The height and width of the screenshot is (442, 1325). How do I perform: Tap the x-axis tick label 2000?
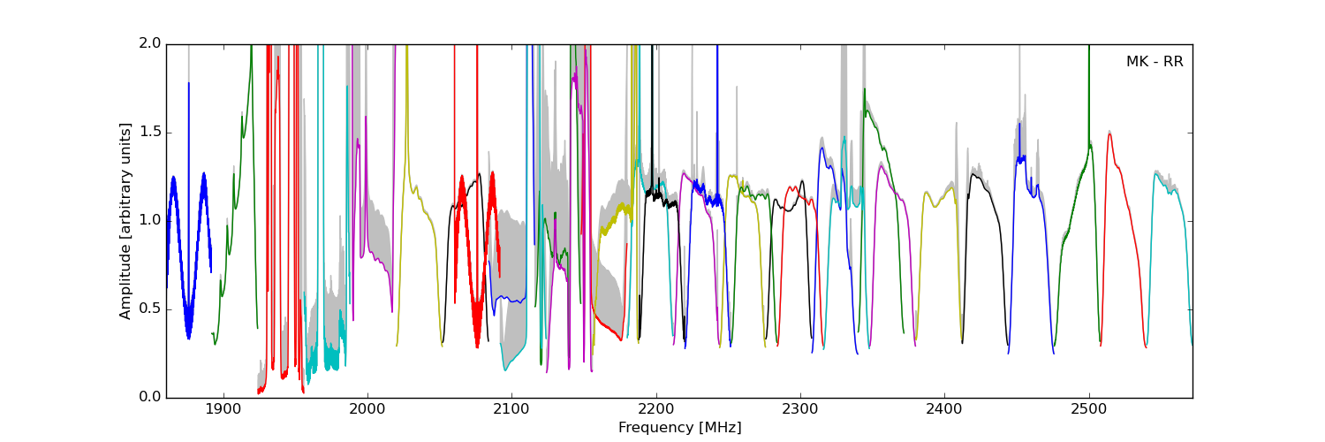point(367,411)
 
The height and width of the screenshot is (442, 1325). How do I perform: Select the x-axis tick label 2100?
point(511,411)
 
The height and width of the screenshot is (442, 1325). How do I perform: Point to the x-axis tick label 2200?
point(656,411)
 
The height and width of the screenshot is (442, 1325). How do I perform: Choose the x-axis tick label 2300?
point(800,411)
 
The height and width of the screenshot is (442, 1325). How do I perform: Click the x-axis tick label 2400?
point(944,411)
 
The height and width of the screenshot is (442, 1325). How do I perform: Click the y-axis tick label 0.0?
point(149,398)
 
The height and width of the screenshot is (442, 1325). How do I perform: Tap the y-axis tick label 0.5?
point(149,309)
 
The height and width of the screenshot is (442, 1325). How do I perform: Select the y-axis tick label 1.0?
point(149,221)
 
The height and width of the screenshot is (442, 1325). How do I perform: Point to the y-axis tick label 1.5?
point(149,133)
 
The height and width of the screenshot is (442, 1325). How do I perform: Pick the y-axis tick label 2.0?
point(149,44)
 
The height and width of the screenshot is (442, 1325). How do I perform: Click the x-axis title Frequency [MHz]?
point(679,428)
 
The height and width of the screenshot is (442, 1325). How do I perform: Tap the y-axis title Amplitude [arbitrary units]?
point(125,221)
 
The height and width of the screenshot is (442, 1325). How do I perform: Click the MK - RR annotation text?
point(1154,62)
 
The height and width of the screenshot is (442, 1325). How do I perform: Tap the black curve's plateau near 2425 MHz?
point(975,176)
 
